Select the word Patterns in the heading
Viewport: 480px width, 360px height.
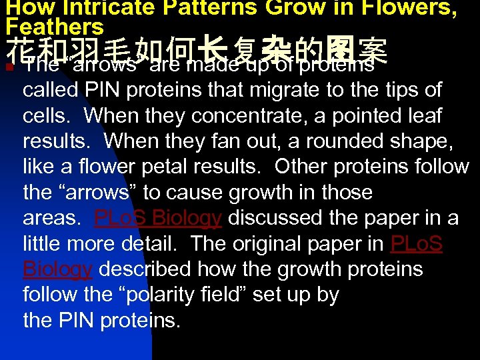point(215,8)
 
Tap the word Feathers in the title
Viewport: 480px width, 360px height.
point(55,27)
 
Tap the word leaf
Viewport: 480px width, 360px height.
point(422,115)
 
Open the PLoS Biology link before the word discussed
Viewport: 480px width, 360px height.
point(158,218)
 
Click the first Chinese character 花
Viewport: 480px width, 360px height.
point(19,48)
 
